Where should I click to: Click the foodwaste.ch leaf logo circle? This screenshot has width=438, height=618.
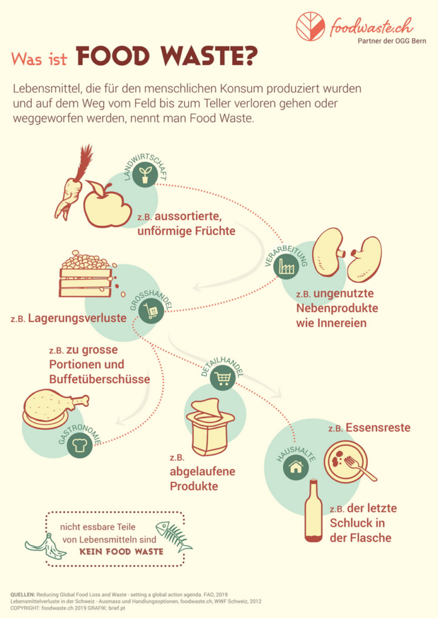pyautogui.click(x=311, y=27)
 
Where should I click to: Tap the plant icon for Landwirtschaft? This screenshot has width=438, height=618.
pyautogui.click(x=145, y=174)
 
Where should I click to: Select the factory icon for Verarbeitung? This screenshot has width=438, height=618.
pyautogui.click(x=286, y=266)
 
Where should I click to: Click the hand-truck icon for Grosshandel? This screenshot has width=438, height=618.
pyautogui.click(x=151, y=311)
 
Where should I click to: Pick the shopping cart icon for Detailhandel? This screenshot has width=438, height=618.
pyautogui.click(x=223, y=378)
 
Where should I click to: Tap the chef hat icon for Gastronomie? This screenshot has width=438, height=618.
pyautogui.click(x=80, y=445)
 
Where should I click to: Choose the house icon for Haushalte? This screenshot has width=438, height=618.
pyautogui.click(x=296, y=467)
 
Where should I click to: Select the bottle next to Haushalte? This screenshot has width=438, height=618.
pyautogui.click(x=314, y=511)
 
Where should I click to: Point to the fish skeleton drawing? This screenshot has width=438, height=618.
pyautogui.click(x=174, y=536)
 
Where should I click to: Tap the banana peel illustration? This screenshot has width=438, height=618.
pyautogui.click(x=46, y=547)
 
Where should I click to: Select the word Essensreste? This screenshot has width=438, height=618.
pyautogui.click(x=378, y=428)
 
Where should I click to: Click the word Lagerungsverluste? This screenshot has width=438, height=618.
pyautogui.click(x=77, y=318)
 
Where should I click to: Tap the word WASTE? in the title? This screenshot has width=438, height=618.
pyautogui.click(x=209, y=56)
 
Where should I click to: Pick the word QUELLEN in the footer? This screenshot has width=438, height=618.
pyautogui.click(x=22, y=594)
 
